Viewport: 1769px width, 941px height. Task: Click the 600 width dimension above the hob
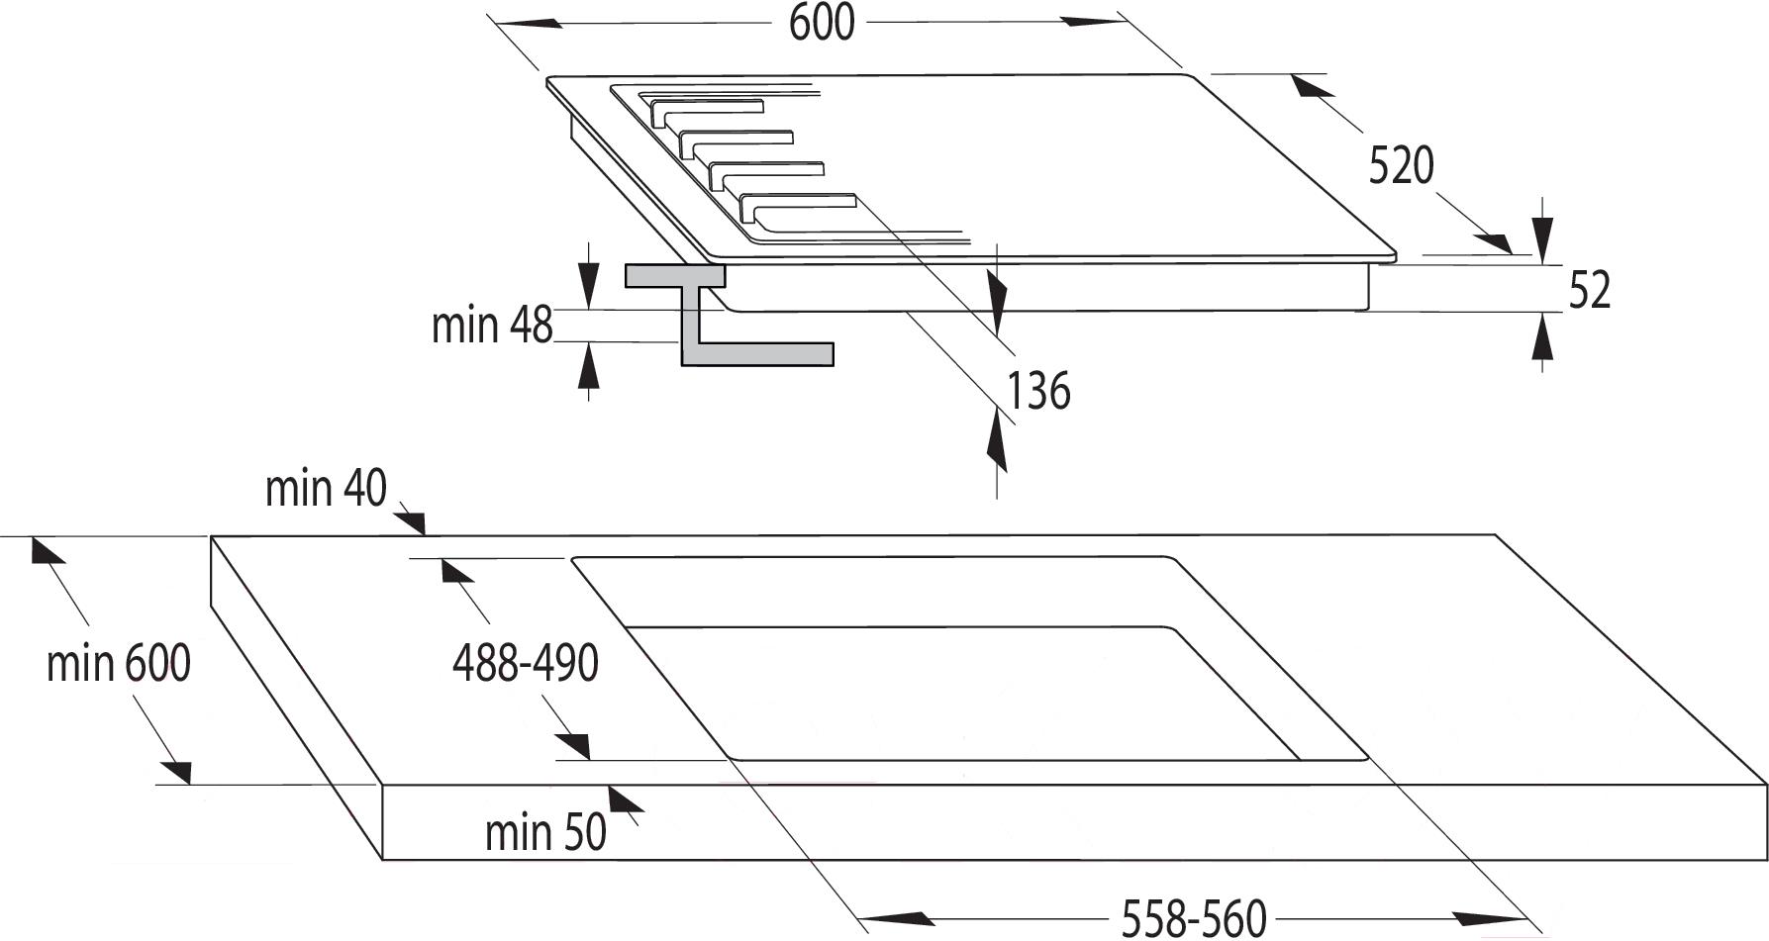[x=822, y=22]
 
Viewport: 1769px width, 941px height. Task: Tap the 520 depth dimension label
[x=1401, y=165]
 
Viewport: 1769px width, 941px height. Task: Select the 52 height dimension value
[x=1590, y=290]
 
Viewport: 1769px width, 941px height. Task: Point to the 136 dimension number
[x=1038, y=390]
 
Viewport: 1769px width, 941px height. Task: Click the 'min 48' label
[x=492, y=325]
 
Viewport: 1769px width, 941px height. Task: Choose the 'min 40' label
[x=326, y=489]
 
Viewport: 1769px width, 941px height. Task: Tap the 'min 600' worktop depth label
[x=119, y=663]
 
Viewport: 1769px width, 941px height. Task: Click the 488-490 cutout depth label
[x=526, y=663]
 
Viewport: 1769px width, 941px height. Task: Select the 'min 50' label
[x=545, y=832]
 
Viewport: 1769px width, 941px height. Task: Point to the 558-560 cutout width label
[x=1194, y=918]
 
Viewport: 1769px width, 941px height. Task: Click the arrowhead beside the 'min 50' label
[x=625, y=801]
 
